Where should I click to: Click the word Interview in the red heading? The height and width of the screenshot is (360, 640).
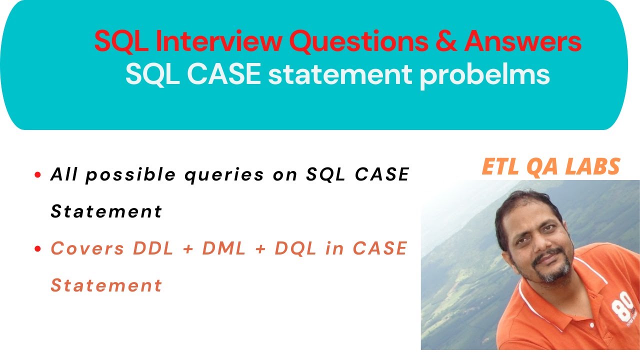(x=218, y=42)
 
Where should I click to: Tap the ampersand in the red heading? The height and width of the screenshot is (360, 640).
(x=446, y=42)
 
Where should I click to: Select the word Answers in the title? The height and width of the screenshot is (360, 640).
(x=522, y=42)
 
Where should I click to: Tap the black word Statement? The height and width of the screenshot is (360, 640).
(x=106, y=211)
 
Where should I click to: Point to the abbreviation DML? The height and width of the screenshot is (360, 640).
(x=224, y=248)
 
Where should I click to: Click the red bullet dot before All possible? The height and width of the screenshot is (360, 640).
(x=37, y=175)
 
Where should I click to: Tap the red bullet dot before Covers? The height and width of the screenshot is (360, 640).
(x=37, y=248)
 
